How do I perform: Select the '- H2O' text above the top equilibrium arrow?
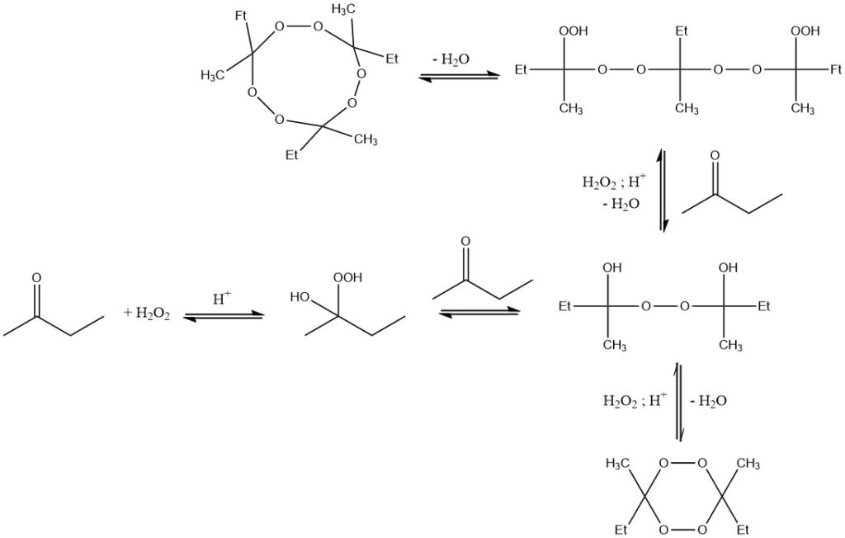[x=451, y=59]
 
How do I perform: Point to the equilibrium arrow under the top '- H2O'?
[x=459, y=77]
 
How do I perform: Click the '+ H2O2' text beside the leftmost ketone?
[x=147, y=313]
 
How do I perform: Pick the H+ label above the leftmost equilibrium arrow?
[x=222, y=299]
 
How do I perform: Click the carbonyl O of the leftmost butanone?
[x=36, y=278]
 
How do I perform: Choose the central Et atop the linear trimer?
[x=682, y=31]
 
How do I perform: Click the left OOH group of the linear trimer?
[x=569, y=31]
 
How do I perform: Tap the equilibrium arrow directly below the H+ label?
[x=223, y=314]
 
